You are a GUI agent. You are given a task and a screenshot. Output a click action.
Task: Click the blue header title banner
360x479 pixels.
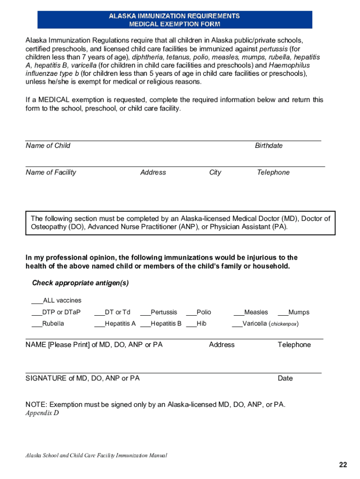point(174,20)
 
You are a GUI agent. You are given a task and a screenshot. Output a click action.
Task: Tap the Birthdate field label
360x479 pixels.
point(268,145)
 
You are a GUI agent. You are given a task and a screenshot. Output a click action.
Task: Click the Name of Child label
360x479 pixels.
point(48,145)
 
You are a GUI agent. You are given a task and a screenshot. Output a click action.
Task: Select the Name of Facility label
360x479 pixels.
point(51,172)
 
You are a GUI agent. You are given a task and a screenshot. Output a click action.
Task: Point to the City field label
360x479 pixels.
point(215,172)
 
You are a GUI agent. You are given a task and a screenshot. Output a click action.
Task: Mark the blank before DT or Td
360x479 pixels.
point(99,312)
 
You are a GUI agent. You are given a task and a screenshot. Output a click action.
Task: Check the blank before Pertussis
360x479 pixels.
point(145,312)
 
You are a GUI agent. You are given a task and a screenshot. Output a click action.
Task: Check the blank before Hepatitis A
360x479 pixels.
point(99,324)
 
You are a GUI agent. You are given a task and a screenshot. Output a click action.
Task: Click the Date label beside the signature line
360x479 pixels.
point(285,378)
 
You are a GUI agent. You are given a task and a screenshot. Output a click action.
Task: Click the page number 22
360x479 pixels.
point(343,464)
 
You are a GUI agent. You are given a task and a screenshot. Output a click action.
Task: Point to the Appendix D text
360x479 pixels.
point(43,413)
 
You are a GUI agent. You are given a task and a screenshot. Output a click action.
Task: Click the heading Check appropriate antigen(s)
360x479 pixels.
point(80,283)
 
